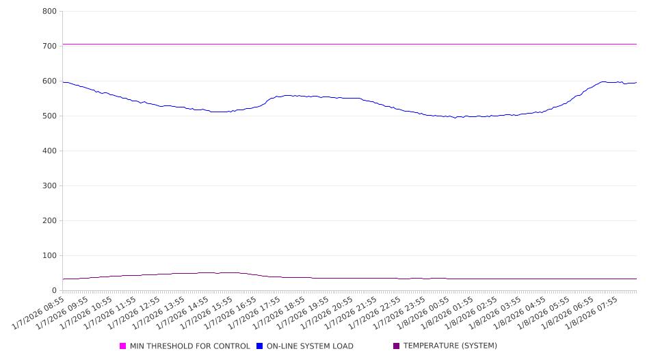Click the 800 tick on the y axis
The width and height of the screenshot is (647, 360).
[49, 12]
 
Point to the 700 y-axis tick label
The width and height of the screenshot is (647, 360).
[49, 47]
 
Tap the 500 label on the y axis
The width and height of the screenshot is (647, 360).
[49, 116]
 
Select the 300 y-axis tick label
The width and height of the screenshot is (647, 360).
[49, 186]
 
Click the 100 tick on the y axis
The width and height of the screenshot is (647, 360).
[49, 256]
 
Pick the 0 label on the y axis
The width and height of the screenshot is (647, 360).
[53, 291]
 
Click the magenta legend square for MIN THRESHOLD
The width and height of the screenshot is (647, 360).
[123, 346]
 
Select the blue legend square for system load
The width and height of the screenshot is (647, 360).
[260, 346]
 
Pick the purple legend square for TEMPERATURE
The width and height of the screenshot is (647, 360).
[397, 346]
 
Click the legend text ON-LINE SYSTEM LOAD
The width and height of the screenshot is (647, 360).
[310, 346]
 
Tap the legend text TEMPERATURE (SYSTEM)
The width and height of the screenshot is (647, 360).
[450, 346]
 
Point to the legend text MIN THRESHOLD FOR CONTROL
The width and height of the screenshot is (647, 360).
[190, 346]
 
